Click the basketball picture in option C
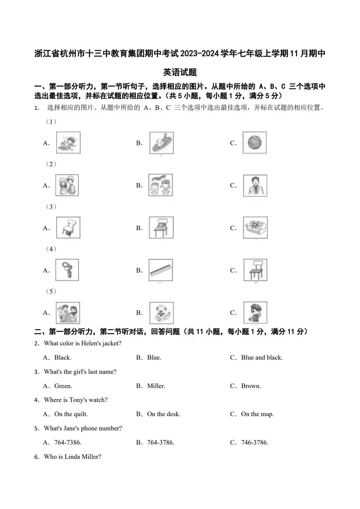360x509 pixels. [255, 143]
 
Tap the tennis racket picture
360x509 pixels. [161, 143]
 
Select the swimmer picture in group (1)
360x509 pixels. [68, 143]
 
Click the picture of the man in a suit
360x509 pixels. [255, 185]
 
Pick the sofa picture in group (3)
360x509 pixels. [255, 228]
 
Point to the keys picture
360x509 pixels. [67, 270]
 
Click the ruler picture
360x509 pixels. [161, 270]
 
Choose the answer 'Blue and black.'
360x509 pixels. [262, 357]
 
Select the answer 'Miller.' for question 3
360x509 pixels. [156, 386]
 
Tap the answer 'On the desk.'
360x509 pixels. [164, 414]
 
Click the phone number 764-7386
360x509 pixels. [68, 442]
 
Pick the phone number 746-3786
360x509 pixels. [255, 442]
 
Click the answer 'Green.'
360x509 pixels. [63, 386]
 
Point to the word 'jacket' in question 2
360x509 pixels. [112, 343]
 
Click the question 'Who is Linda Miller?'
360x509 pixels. [72, 456]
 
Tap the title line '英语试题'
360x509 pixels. [180, 72]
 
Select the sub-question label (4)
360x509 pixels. [51, 249]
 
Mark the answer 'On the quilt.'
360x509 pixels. [71, 414]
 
